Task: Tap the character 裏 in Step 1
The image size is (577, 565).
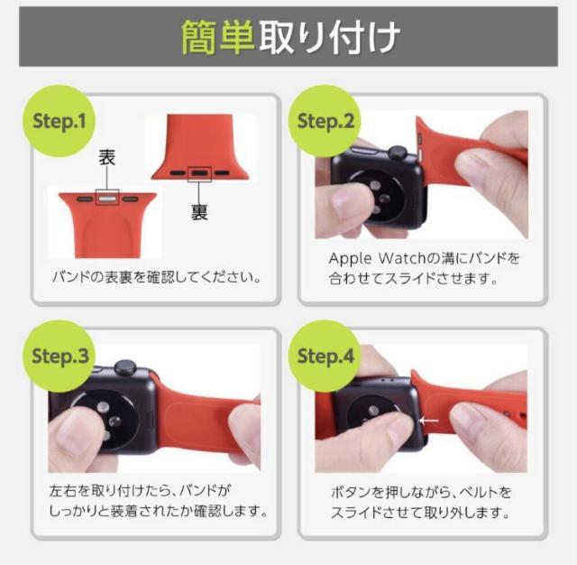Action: click(x=199, y=213)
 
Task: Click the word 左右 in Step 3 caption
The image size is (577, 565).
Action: click(x=62, y=493)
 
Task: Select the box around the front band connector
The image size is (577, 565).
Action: click(x=107, y=193)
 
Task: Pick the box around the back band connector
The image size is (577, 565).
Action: click(x=199, y=171)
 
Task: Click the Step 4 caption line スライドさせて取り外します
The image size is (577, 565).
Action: click(x=419, y=514)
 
